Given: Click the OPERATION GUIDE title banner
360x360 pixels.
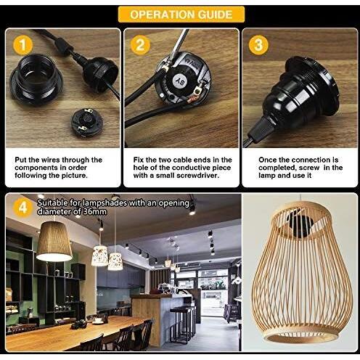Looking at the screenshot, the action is click(181, 15).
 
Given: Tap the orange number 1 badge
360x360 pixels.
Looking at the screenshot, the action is click(23, 45).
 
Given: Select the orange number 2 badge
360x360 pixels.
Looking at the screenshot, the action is click(140, 45).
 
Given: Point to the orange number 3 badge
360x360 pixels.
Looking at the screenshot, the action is click(258, 45).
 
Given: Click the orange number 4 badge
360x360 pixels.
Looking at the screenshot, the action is click(23, 208).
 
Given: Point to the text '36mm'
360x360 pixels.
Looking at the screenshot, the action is click(94, 212).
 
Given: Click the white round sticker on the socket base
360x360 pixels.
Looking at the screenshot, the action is click(179, 80).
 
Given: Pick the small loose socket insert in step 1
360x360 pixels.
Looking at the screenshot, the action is click(87, 123).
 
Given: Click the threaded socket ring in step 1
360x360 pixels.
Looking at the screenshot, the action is click(36, 79).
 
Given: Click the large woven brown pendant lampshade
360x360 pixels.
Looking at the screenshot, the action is click(54, 241).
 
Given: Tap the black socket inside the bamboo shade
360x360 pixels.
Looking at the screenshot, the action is click(300, 224).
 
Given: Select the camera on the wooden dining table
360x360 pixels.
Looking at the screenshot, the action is click(78, 324).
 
